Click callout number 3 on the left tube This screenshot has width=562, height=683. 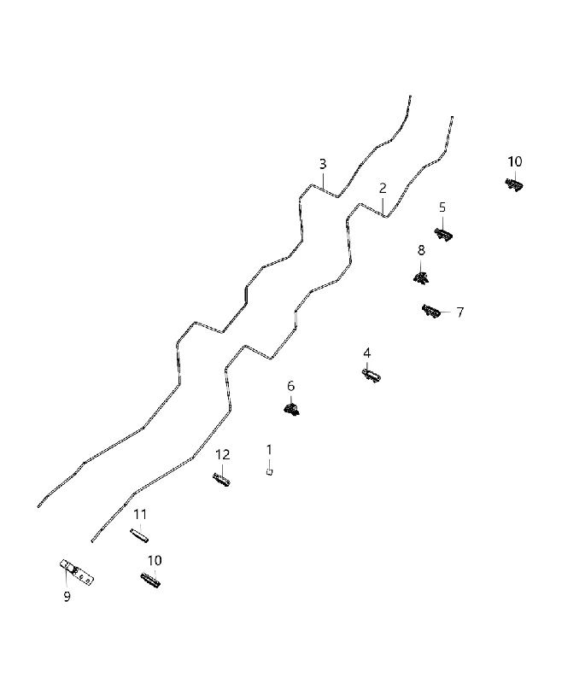pos(322,164)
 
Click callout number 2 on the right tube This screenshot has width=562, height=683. pos(383,188)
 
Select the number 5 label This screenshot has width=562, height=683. pos(442,207)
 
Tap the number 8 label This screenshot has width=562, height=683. pos(421,250)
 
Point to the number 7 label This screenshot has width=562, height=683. pos(460,312)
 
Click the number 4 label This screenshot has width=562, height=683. pos(366,353)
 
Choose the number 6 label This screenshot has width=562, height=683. pos(290,386)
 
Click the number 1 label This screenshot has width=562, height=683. pos(269,450)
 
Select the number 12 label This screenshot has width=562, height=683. pos(222,455)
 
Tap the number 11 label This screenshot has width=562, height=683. pos(140,515)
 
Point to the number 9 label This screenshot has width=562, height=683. pos(67,596)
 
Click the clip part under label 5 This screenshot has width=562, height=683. pos(443,234)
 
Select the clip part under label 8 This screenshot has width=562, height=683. pos(421,277)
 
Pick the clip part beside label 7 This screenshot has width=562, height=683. pos(430,311)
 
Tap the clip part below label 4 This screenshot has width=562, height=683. pos(372,376)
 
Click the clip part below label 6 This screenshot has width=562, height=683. pos(291,409)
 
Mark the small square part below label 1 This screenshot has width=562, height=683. pos(269,471)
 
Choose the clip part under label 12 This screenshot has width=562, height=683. pos(221,480)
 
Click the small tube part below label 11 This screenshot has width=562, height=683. pos(139,535)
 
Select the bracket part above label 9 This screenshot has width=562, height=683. pos(77,572)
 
